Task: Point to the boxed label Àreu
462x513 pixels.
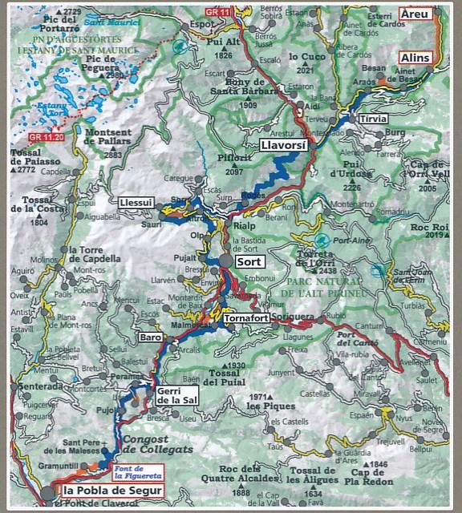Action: pos(415,14)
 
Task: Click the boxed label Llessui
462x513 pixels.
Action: pos(136,202)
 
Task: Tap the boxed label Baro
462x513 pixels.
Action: pos(151,337)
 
